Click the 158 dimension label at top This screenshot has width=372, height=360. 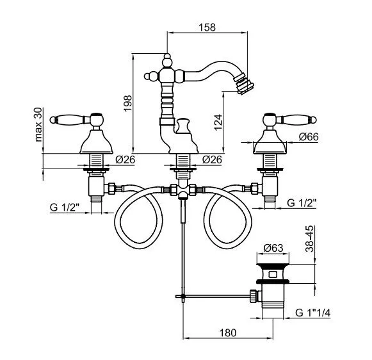207,27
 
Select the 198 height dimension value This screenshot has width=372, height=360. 127,103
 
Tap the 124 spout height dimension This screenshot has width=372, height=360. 218,122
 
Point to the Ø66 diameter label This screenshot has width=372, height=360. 309,137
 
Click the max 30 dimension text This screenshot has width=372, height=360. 38,124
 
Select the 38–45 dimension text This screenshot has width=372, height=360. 309,238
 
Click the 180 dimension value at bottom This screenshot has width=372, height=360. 228,332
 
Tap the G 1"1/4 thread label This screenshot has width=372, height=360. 312,313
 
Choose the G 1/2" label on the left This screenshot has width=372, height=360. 64,207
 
